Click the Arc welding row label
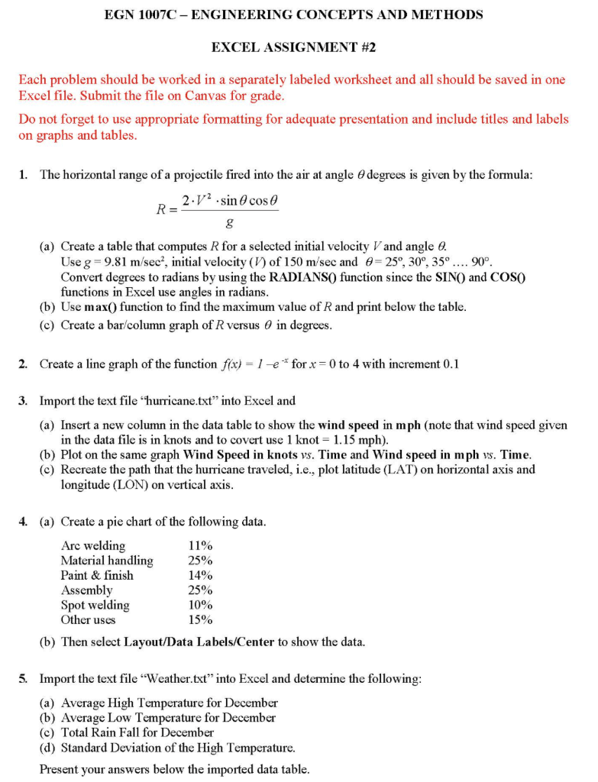(x=93, y=545)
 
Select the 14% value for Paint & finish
(x=200, y=575)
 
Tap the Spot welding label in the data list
(x=95, y=605)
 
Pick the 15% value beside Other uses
(x=200, y=619)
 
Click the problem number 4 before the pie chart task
(x=23, y=522)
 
